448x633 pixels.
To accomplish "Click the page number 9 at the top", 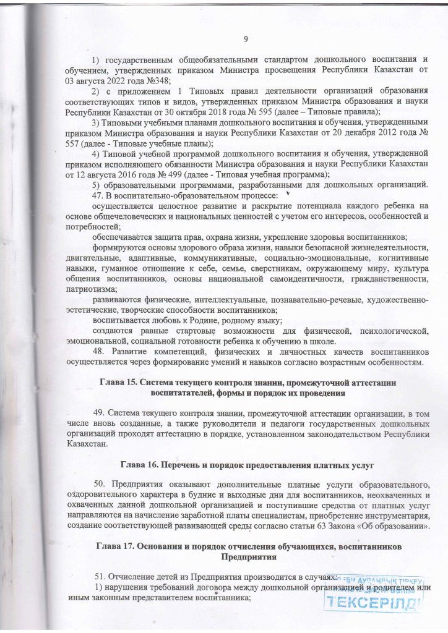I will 246,40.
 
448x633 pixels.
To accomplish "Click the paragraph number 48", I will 98,351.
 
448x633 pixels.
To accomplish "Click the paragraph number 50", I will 100,483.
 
